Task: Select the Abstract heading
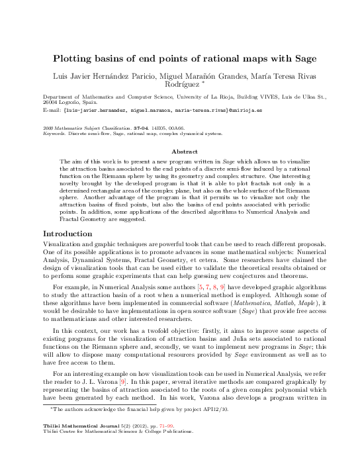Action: pyautogui.click(x=180, y=151)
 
